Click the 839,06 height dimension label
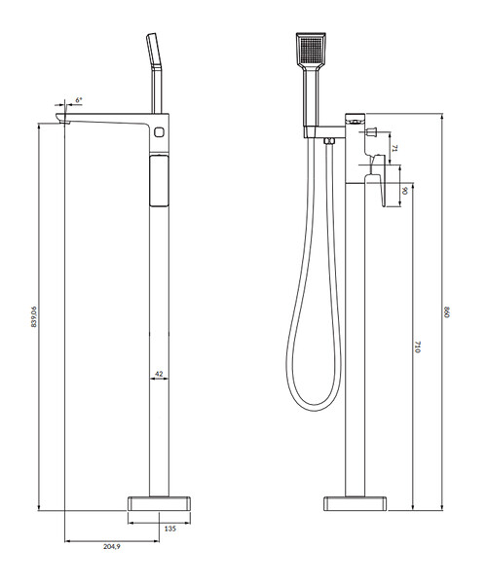coord(34,316)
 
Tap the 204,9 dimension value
coord(112,546)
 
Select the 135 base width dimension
coord(169,529)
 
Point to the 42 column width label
coord(159,374)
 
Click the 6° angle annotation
coord(79,100)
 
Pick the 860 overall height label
coord(447,311)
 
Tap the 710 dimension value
coord(417,347)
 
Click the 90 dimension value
coord(405,191)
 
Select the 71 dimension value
coord(395,148)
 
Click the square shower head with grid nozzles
coord(311,49)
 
